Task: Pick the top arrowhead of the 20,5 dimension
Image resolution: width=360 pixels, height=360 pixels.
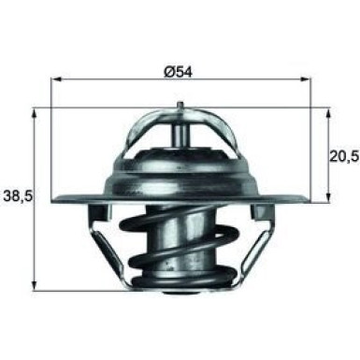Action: [328, 110]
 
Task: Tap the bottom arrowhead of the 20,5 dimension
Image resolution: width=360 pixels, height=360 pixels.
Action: [328, 198]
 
